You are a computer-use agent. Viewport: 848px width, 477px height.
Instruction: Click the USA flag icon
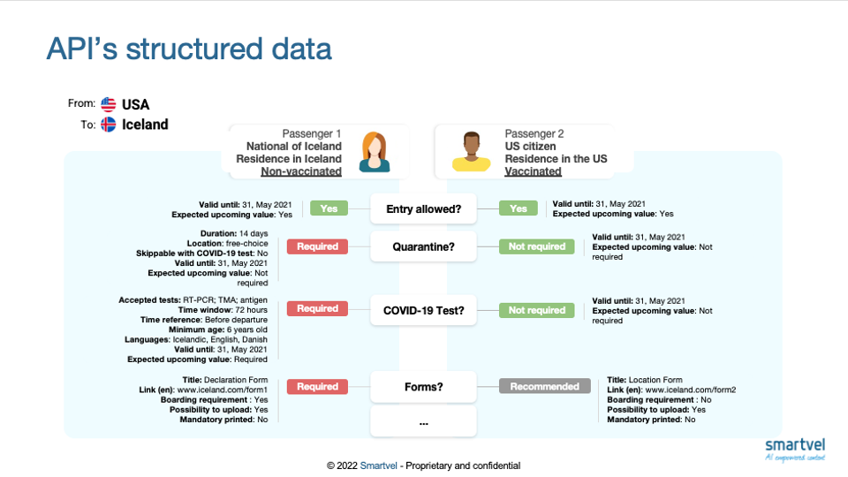point(109,104)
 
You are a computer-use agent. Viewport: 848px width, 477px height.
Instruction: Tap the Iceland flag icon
point(109,125)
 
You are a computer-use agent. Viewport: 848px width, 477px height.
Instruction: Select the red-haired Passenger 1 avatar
point(374,151)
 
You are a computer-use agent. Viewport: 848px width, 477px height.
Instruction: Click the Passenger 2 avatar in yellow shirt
point(470,152)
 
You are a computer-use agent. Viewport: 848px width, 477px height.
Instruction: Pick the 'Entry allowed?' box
point(423,209)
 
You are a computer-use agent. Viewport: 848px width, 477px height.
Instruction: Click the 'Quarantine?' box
point(423,247)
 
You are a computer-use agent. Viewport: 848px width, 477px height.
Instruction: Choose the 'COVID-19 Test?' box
point(423,310)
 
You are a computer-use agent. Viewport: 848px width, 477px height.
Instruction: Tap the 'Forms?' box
point(423,386)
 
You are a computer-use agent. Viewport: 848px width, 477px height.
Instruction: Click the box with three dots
point(423,422)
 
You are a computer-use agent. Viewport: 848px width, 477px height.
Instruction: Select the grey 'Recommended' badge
point(543,386)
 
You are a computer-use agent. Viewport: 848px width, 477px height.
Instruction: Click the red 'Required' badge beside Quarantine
point(317,247)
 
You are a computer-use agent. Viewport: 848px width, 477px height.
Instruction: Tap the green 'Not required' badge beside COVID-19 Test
point(536,310)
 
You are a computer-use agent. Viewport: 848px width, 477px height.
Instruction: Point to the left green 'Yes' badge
point(328,209)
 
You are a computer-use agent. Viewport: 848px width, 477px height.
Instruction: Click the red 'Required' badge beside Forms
point(317,386)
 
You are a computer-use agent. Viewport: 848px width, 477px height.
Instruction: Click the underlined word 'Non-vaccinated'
point(301,171)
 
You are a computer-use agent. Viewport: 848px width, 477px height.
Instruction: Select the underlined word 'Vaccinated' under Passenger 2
point(533,171)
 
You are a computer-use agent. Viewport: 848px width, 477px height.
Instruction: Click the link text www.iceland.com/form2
point(690,390)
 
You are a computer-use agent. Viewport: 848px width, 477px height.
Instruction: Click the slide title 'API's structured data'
point(189,49)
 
